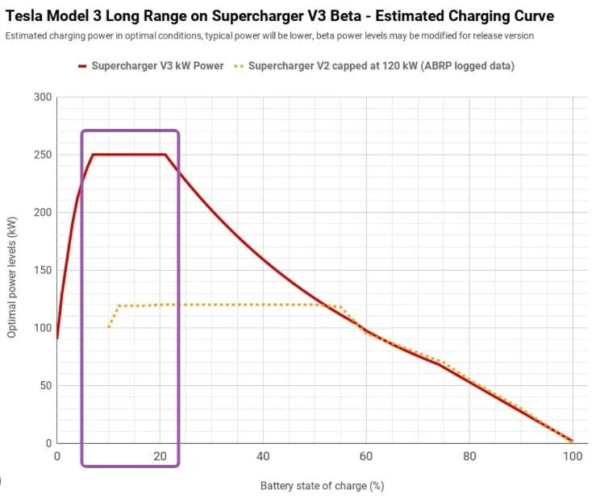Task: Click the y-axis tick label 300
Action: coord(43,97)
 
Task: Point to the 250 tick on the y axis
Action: coord(43,155)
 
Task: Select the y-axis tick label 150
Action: coord(43,271)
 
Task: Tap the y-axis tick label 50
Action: coord(45,386)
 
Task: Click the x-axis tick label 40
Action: coord(263,456)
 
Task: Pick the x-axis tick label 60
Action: coord(366,456)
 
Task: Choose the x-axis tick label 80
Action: coord(469,456)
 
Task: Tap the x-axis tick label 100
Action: coord(573,456)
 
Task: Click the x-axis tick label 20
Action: coord(160,456)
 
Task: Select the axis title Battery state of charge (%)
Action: coord(322,486)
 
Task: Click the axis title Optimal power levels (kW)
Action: coord(12,277)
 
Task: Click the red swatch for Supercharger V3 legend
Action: coord(82,66)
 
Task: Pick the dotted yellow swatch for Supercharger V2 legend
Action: coord(239,67)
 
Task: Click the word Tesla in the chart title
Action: coord(24,16)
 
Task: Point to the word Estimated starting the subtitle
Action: coord(27,35)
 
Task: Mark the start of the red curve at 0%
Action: coord(57,338)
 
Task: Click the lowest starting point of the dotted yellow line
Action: coord(109,327)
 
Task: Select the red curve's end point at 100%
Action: coord(572,441)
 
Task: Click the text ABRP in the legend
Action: coord(439,66)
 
